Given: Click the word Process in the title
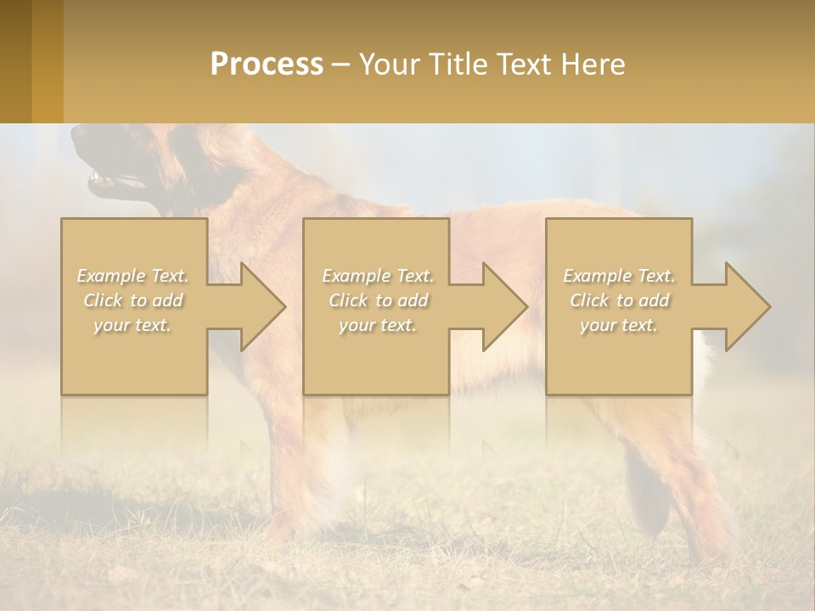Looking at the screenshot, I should pos(267,64).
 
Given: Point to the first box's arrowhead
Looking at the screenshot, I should pos(255,306).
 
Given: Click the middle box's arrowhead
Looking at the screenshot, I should pos(497,306).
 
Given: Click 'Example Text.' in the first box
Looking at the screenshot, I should pos(133,276).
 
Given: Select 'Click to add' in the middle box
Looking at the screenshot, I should pos(378,300).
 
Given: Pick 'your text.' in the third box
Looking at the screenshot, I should pos(619,325).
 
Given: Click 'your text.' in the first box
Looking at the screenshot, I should pos(133,325).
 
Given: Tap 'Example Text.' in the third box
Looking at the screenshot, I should pos(619,276).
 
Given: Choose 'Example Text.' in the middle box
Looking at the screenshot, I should pos(378,276).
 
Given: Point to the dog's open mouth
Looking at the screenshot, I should pos(110,179).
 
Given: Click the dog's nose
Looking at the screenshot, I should pos(79,135).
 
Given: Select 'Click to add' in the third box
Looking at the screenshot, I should pos(619,300).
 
